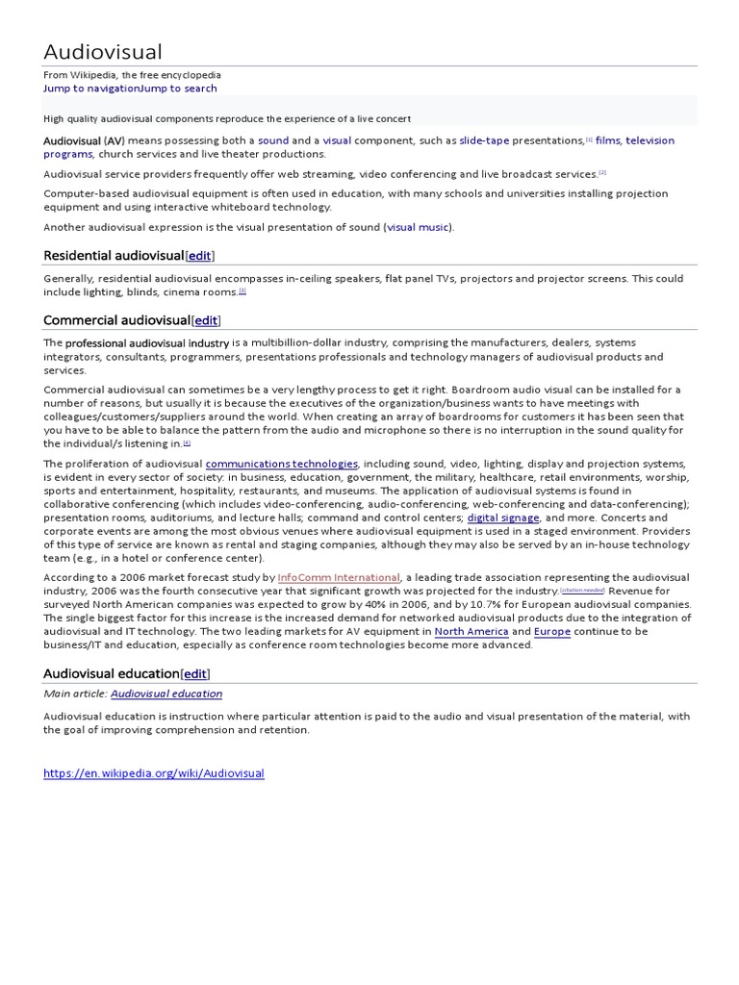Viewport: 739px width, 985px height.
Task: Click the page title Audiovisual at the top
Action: point(103,52)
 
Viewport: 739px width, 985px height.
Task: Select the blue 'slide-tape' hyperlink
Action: point(483,140)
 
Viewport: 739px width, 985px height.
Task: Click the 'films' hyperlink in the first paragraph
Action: point(607,140)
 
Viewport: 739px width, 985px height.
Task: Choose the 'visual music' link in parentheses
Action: point(418,227)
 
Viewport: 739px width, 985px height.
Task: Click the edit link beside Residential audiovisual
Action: point(199,256)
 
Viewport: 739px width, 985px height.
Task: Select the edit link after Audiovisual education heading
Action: point(196,673)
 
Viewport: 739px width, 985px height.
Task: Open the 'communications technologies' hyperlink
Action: point(282,463)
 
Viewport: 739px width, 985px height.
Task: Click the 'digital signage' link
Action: point(503,518)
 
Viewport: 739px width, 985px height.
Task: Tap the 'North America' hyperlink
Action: point(471,631)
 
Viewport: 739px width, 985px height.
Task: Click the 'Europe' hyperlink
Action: point(552,631)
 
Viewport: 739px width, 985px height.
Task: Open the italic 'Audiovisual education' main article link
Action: point(166,694)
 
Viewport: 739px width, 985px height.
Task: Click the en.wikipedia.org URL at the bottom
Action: point(153,773)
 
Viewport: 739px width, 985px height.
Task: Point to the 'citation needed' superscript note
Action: point(582,590)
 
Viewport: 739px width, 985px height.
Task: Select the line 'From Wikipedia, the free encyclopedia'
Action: point(132,74)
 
